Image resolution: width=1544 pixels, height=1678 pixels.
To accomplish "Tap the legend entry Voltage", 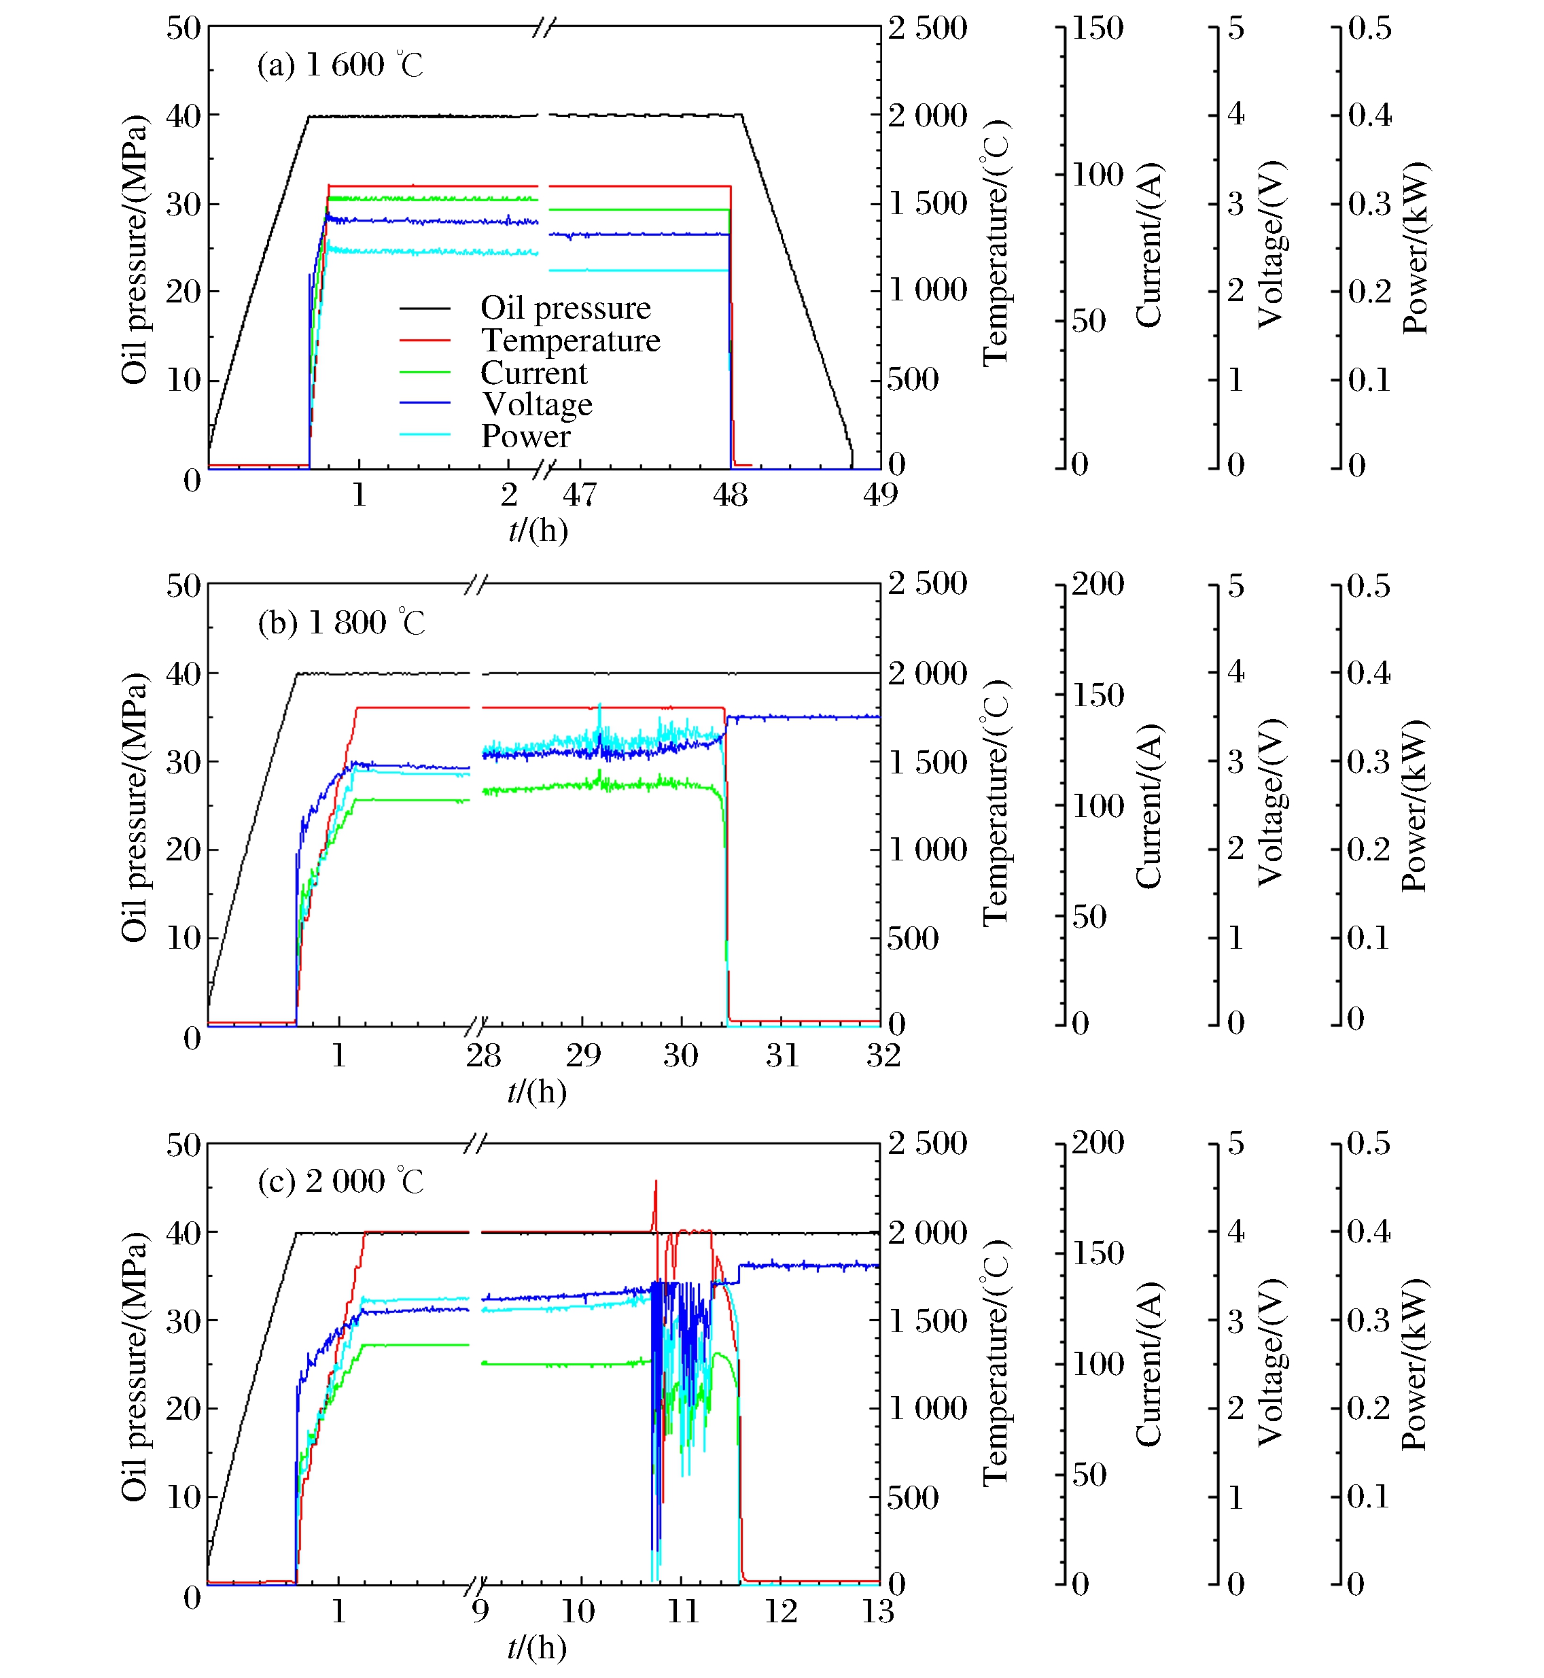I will click(x=538, y=404).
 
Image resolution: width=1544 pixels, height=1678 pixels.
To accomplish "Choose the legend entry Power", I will click(x=525, y=436).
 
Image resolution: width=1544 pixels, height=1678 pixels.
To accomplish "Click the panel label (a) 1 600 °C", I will click(x=340, y=65).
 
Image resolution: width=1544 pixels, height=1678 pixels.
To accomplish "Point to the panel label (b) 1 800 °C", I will click(x=341, y=623).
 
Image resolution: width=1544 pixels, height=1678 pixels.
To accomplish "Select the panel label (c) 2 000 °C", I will click(x=340, y=1181).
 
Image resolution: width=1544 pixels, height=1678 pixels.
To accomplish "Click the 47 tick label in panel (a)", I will click(x=579, y=495).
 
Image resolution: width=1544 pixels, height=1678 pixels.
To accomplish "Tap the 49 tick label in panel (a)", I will click(x=880, y=495).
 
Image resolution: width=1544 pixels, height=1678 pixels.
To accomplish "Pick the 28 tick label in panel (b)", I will click(x=483, y=1055).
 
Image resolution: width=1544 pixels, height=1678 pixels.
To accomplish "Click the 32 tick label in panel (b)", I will click(x=883, y=1055).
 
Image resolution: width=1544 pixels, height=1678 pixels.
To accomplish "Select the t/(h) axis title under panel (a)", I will click(x=538, y=530).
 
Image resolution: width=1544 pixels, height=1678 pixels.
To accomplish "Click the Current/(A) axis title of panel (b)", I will click(x=1148, y=807).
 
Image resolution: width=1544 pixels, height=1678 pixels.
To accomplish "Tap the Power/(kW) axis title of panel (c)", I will click(x=1414, y=1365).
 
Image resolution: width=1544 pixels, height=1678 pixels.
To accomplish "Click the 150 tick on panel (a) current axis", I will click(x=1097, y=29).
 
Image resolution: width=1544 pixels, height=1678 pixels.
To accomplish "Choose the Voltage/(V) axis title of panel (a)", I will click(x=1270, y=244).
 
